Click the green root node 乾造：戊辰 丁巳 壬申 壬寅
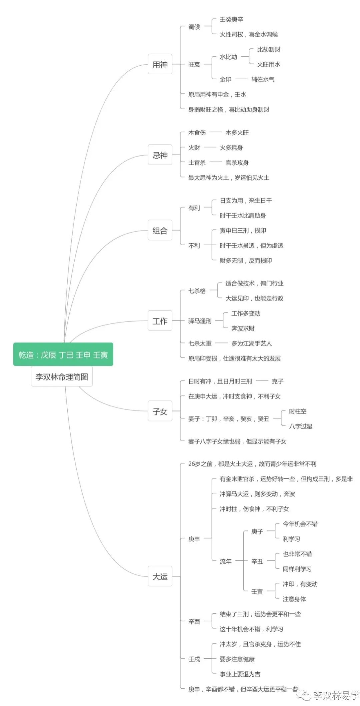(63, 354)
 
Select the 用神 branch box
(160, 64)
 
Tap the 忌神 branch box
(160, 155)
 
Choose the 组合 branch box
(160, 230)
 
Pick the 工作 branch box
(160, 321)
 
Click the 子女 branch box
(160, 411)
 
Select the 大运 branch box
(160, 576)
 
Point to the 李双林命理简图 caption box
(62, 376)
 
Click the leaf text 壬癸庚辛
(231, 19)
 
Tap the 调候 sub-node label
(194, 27)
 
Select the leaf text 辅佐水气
(263, 79)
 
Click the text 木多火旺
(237, 132)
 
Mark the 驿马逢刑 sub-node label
(200, 321)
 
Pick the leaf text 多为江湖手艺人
(251, 343)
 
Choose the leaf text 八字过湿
(300, 426)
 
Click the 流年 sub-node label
(225, 561)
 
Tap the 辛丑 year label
(257, 561)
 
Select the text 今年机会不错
(300, 524)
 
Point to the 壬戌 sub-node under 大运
(194, 659)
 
